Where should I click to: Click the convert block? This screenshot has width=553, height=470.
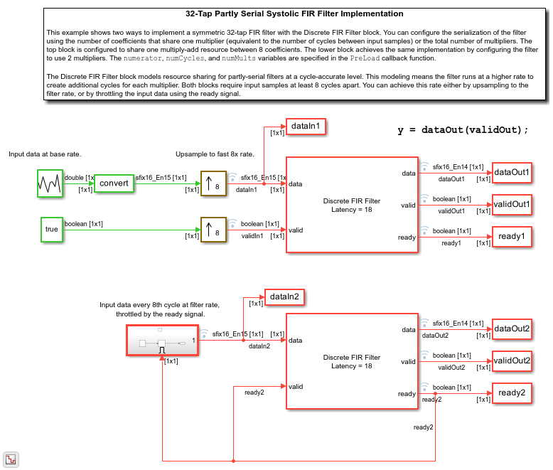coord(114,183)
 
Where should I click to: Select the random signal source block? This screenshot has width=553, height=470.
coord(50,183)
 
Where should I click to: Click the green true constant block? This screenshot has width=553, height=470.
coord(51,229)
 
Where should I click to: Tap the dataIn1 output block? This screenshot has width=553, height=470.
coord(307,127)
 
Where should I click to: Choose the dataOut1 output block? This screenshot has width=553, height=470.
coord(512,171)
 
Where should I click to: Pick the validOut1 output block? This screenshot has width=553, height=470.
coord(512,204)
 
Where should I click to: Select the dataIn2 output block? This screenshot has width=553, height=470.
coord(285,297)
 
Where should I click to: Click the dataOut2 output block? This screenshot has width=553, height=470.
coord(512,329)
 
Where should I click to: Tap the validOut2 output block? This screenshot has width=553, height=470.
coord(512,360)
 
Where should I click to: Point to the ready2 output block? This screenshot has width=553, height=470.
coord(512,392)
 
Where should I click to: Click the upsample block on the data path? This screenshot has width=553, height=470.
coord(213,183)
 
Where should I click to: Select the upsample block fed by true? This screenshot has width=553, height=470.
coord(213,229)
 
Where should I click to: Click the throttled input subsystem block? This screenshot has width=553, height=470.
coord(161,341)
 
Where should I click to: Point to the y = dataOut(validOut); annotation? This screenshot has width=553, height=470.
coord(463,129)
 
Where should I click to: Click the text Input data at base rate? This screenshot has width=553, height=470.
coord(44,154)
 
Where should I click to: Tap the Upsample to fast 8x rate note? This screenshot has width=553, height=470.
coord(215,154)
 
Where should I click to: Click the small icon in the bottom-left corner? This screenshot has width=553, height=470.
coord(11,459)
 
